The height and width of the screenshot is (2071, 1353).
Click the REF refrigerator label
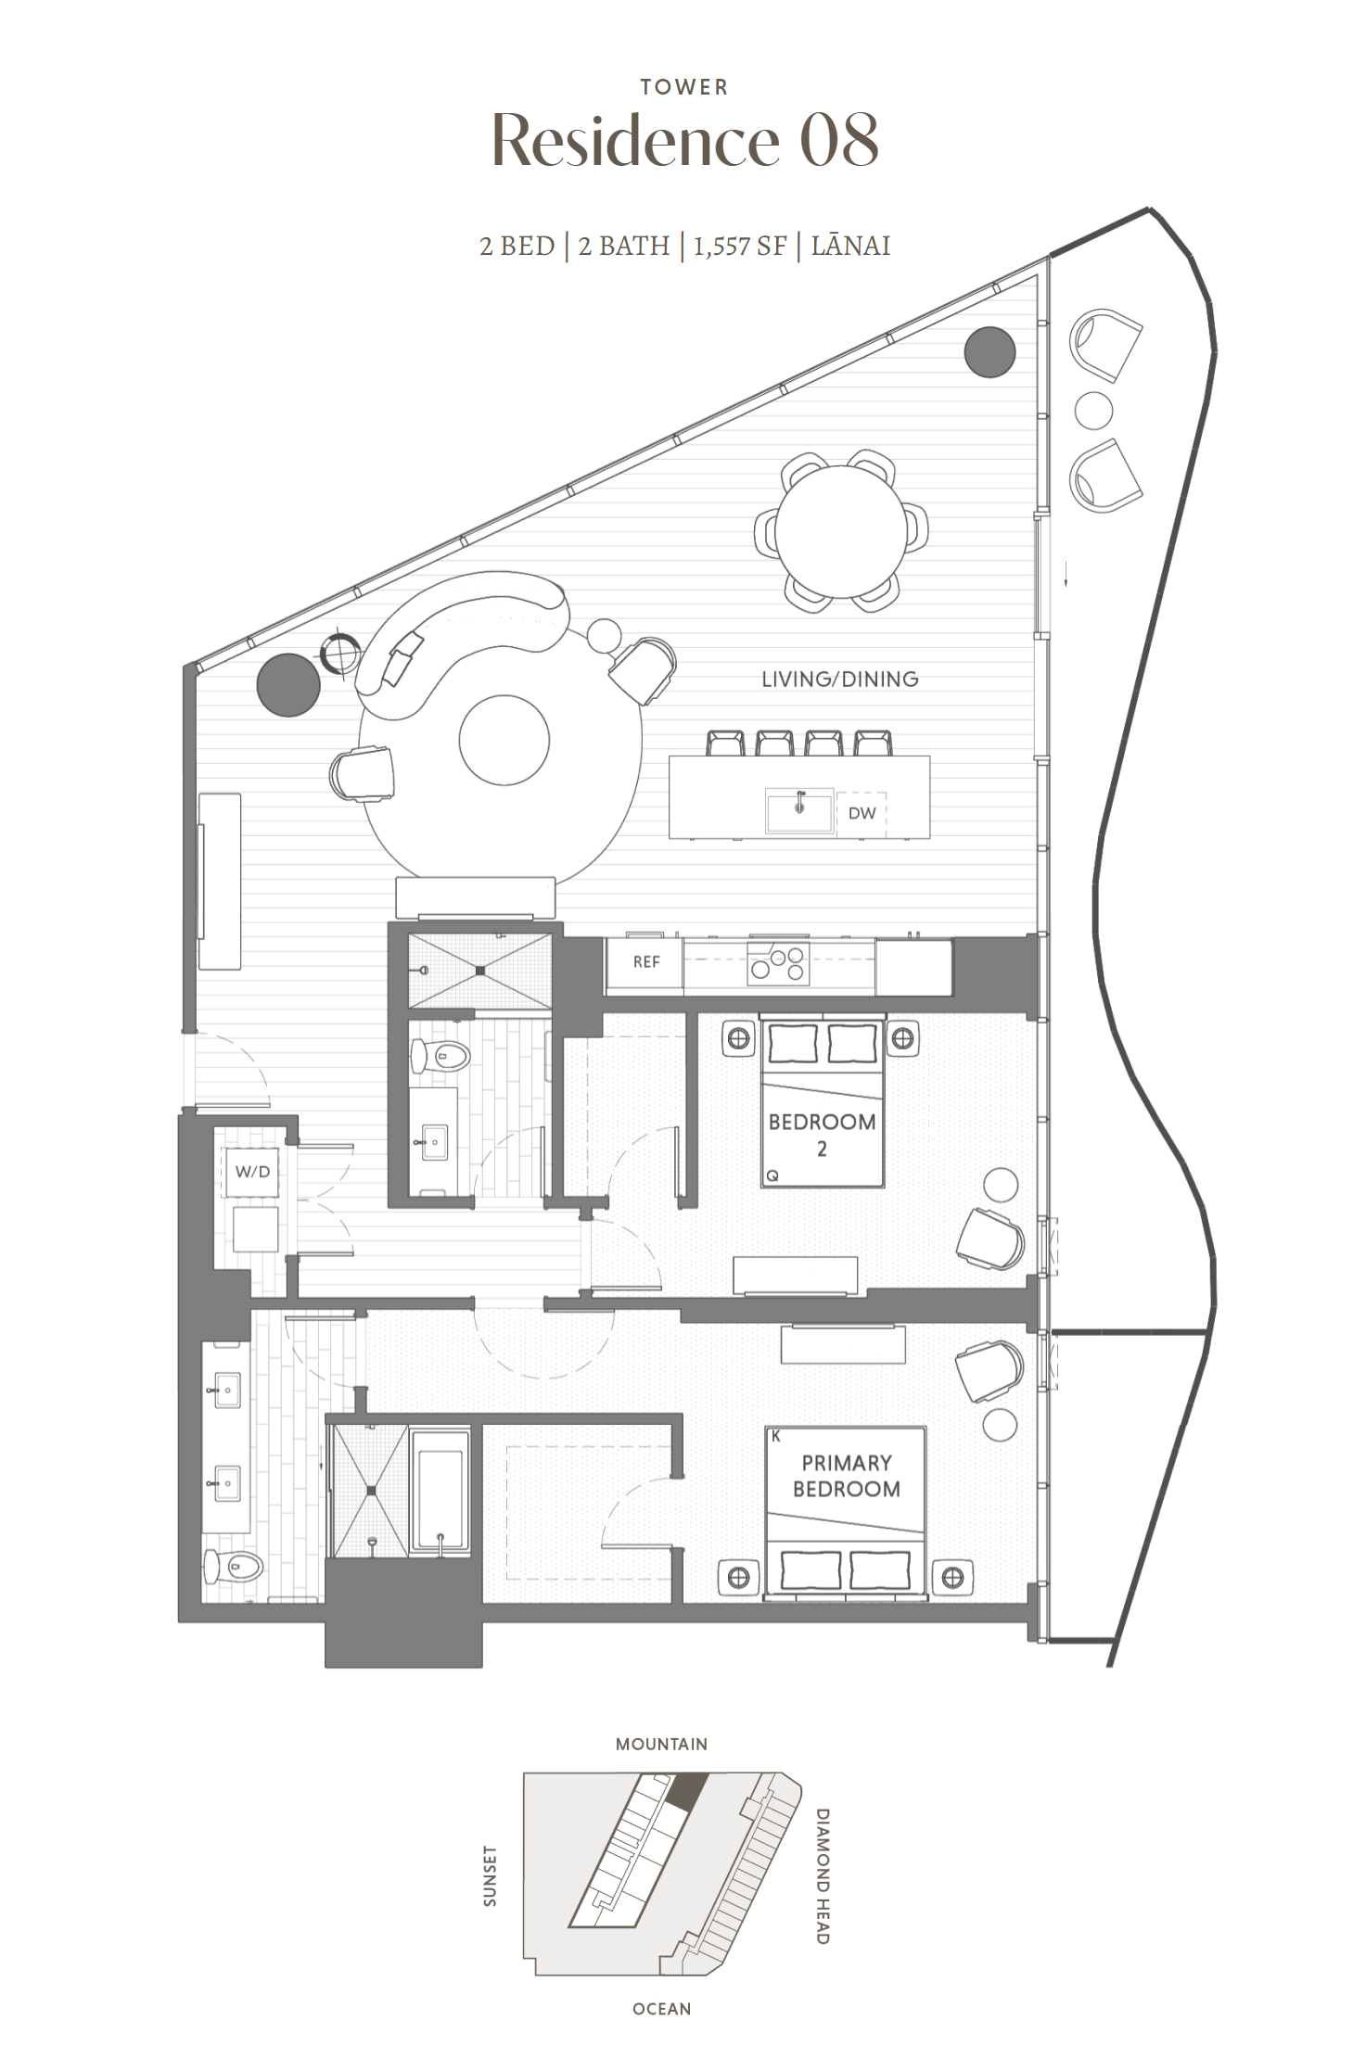click(645, 962)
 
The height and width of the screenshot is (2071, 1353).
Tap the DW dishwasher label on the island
click(862, 813)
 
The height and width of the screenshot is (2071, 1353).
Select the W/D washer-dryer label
click(252, 1172)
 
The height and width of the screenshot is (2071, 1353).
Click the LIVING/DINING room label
click(839, 680)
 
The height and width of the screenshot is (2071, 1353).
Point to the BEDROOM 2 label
click(822, 1135)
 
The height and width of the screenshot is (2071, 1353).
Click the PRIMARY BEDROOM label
click(846, 1476)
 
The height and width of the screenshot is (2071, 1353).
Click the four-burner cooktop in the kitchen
click(779, 964)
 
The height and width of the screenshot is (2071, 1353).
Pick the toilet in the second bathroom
click(441, 1055)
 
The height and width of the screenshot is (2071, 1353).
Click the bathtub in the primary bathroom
click(440, 1492)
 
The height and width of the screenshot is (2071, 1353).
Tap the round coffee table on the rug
click(504, 741)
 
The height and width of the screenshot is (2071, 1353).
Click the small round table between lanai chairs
click(1093, 411)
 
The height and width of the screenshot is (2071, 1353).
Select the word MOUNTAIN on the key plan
click(661, 1744)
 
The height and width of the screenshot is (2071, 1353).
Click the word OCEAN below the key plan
click(661, 2009)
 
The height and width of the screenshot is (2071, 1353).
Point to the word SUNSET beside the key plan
click(490, 1875)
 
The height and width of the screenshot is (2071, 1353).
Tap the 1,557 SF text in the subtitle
click(739, 246)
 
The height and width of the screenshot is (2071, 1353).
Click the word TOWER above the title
click(684, 87)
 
